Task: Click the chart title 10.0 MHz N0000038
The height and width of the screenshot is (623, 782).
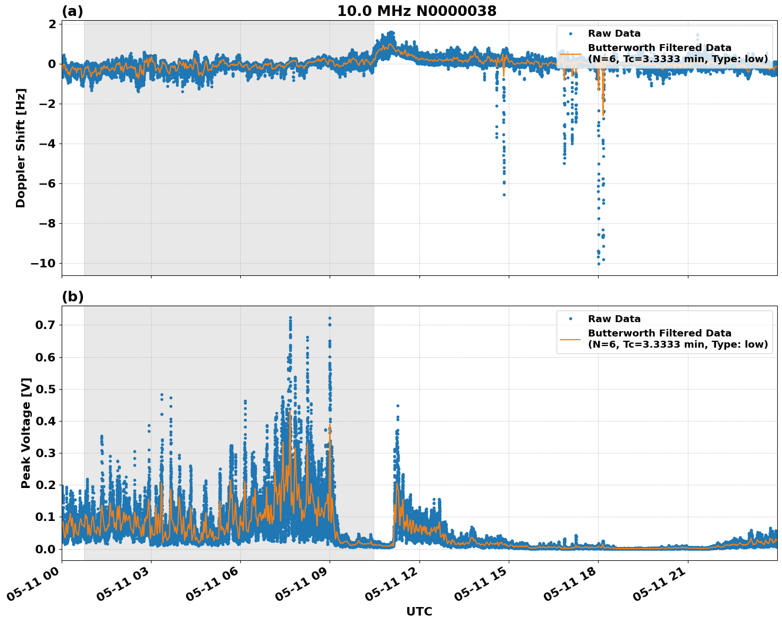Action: point(417,11)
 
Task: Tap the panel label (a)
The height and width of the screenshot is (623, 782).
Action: point(72,11)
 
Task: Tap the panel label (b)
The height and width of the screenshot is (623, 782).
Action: point(72,297)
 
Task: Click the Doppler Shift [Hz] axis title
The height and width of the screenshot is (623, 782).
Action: point(21,148)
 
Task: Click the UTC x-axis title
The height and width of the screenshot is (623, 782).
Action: point(419,611)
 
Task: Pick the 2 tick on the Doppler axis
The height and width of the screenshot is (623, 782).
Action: point(52,24)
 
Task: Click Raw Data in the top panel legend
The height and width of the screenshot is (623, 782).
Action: point(614,33)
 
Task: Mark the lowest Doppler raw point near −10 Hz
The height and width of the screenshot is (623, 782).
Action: point(599,264)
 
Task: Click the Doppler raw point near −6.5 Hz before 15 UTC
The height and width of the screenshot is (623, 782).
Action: point(504,195)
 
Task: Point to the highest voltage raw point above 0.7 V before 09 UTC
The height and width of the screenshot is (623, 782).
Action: point(290,318)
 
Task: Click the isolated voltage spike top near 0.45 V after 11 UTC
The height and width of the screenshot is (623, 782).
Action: point(398,406)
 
